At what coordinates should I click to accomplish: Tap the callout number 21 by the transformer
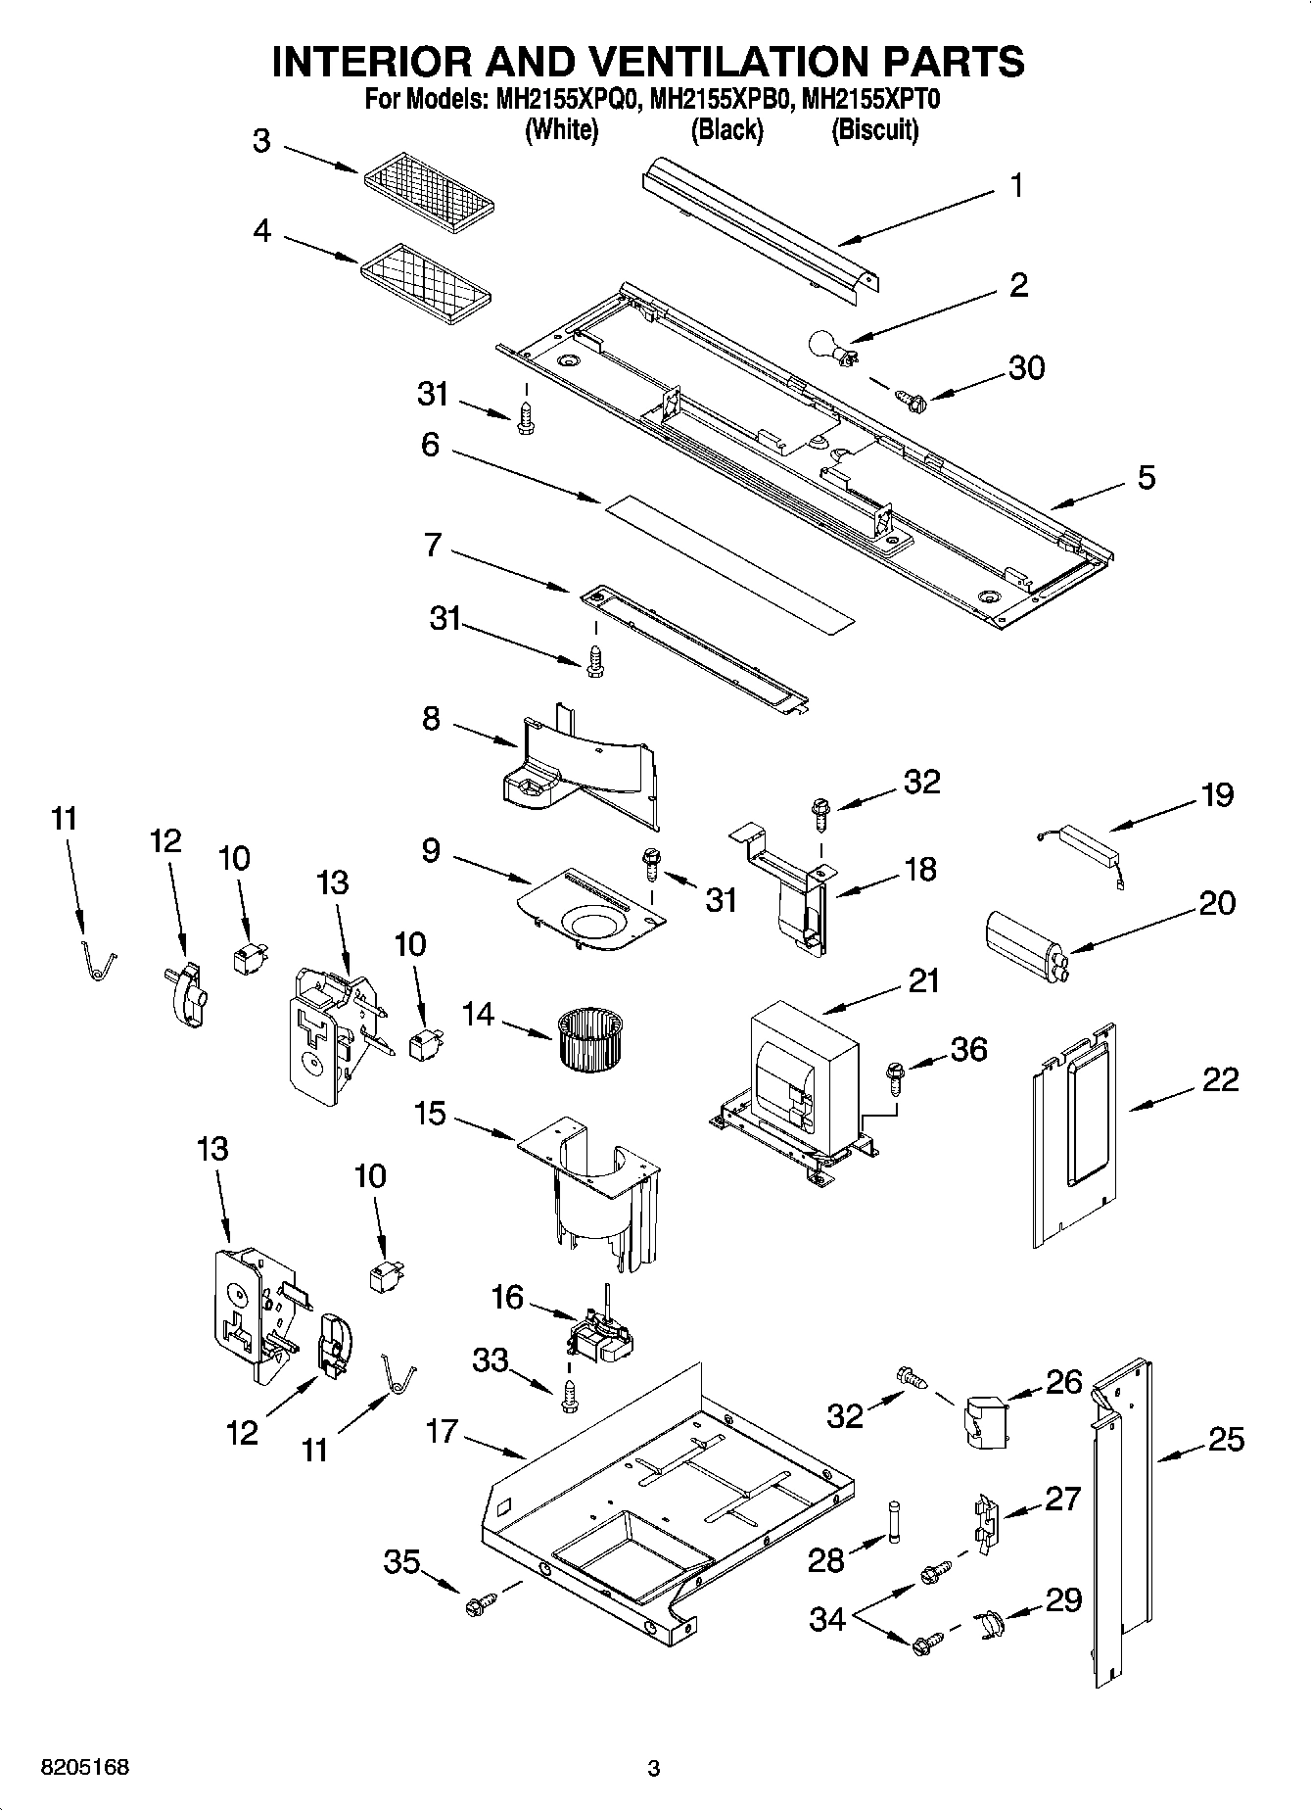click(922, 980)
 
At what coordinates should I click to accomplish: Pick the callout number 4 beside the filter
click(261, 232)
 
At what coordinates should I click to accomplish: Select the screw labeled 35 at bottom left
click(481, 1604)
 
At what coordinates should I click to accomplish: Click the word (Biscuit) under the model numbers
click(874, 129)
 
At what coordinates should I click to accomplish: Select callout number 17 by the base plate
click(442, 1431)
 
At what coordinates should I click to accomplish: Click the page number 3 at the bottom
click(654, 1769)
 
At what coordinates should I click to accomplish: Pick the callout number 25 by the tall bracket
click(1225, 1440)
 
